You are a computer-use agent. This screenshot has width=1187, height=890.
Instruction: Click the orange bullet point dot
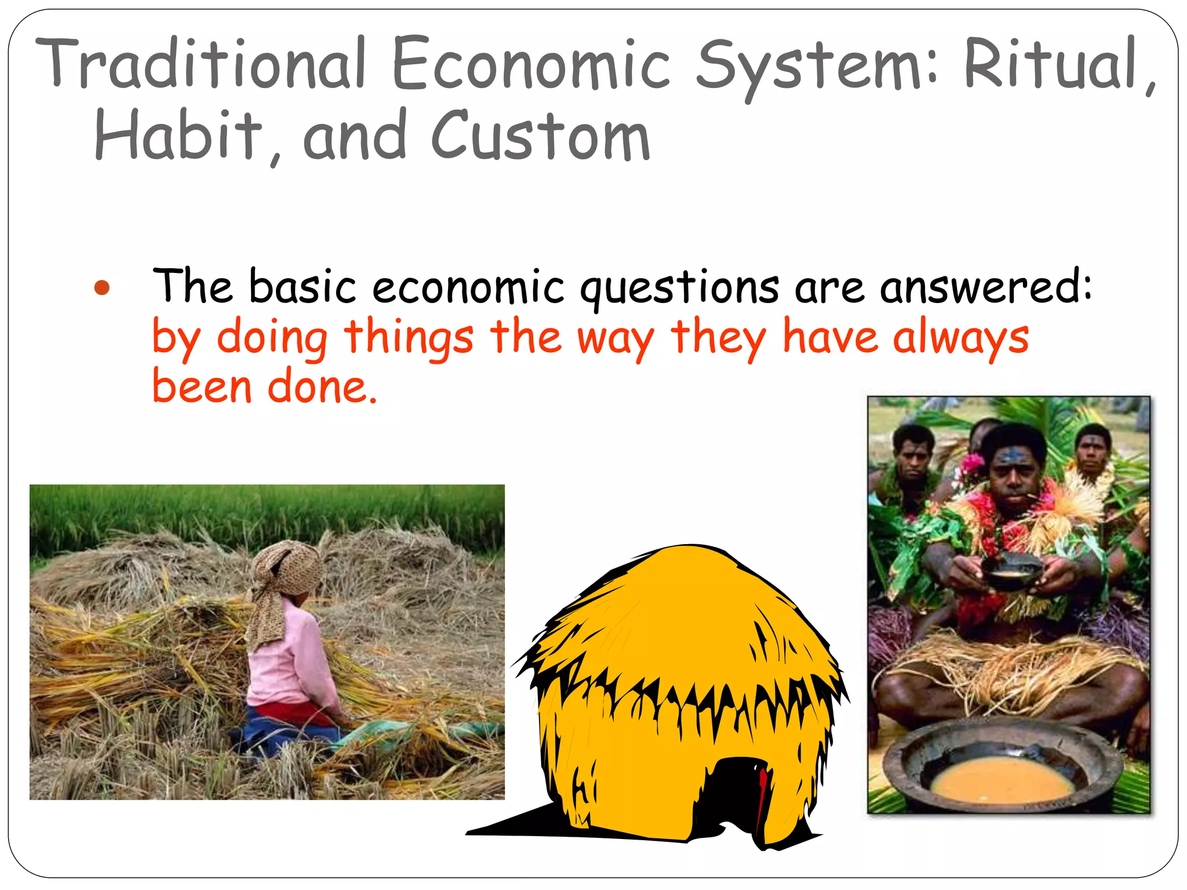coord(102,288)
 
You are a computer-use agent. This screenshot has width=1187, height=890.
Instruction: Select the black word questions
coord(680,287)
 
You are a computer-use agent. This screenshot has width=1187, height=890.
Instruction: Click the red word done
coord(322,387)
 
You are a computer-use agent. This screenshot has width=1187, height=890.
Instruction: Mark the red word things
coord(409,338)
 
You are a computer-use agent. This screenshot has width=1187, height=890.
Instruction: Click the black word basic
coord(303,287)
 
